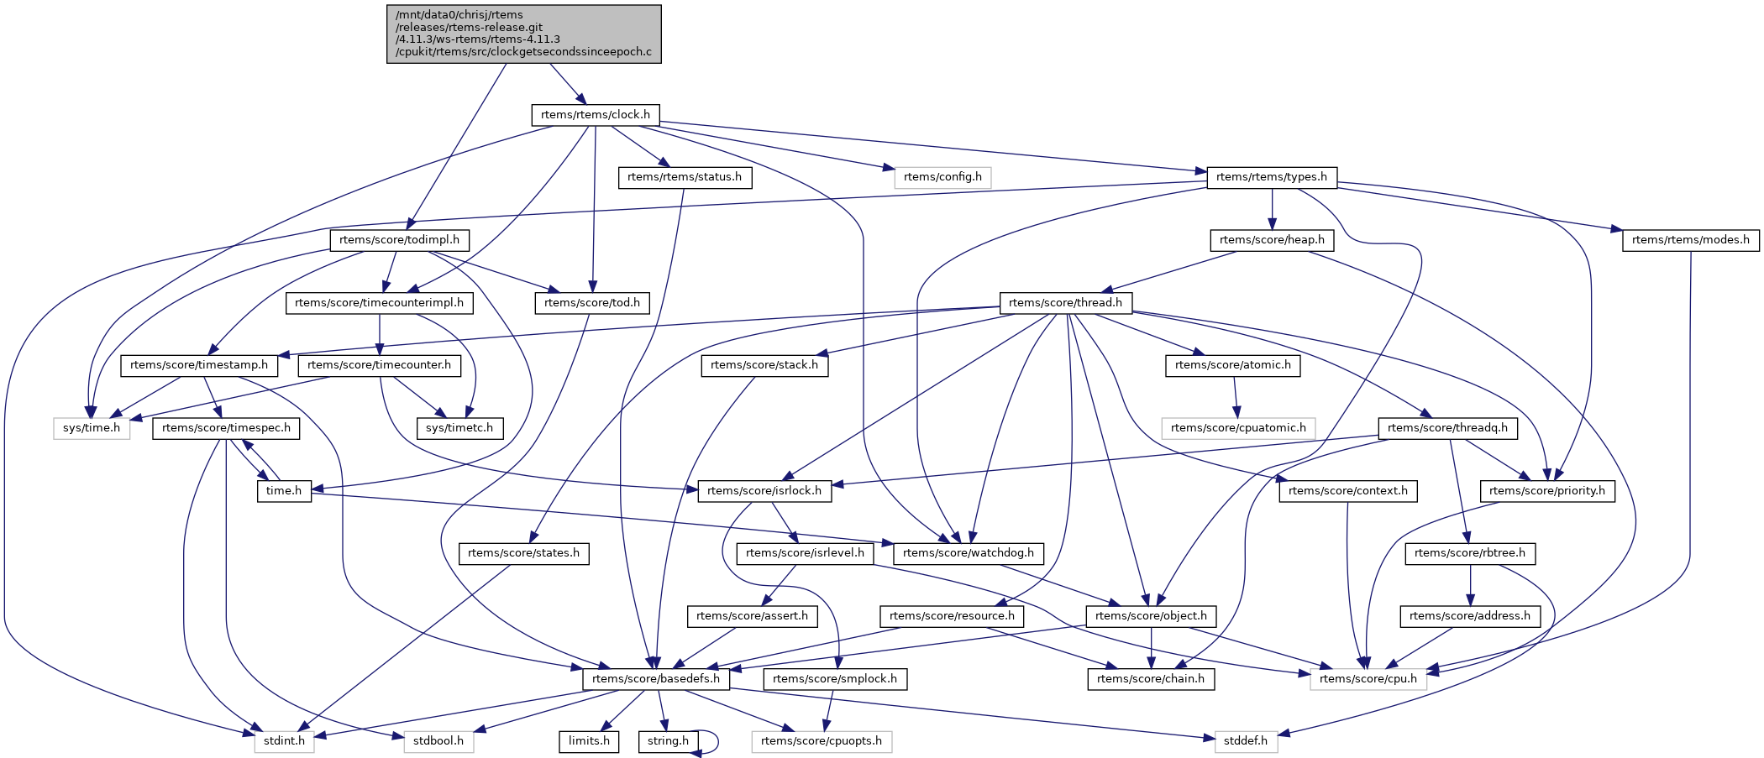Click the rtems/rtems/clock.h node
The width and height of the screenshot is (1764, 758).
point(596,115)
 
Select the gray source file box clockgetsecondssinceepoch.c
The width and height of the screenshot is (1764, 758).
point(524,34)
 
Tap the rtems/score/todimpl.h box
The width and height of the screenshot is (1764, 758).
point(399,240)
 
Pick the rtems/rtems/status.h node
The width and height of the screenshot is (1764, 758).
point(685,177)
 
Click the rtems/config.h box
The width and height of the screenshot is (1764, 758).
point(942,177)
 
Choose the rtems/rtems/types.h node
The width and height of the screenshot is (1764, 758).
point(1272,177)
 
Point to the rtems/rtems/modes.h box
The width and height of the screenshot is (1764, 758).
point(1691,240)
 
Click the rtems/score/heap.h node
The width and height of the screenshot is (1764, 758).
point(1272,240)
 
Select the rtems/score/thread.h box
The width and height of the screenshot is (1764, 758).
point(1065,303)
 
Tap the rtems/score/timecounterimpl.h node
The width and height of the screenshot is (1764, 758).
point(380,303)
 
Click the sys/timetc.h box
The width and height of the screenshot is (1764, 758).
point(459,428)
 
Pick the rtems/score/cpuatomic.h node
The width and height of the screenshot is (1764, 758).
point(1238,428)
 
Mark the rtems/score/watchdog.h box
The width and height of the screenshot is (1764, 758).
point(969,553)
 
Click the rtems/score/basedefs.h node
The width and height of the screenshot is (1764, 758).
point(656,679)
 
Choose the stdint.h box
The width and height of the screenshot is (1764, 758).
point(285,741)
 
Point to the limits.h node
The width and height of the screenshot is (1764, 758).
point(589,741)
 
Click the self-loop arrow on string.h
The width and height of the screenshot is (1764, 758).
point(717,740)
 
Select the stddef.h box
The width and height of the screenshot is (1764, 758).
point(1245,741)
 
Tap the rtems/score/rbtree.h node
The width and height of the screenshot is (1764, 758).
point(1470,553)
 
